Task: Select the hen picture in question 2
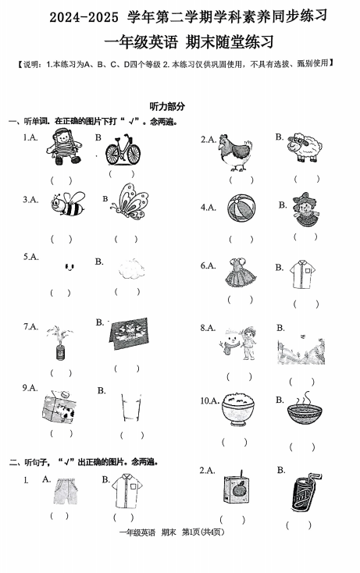[234, 152]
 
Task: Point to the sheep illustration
[305, 147]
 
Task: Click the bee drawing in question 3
[68, 204]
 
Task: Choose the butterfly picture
[130, 201]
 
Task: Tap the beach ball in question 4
[241, 208]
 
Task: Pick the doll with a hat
[304, 208]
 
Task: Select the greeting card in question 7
[130, 333]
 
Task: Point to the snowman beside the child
[229, 343]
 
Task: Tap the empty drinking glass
[131, 407]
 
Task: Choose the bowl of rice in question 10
[237, 408]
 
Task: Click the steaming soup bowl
[305, 409]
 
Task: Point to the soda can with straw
[305, 492]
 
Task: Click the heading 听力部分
[167, 106]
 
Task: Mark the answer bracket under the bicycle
[122, 174]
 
